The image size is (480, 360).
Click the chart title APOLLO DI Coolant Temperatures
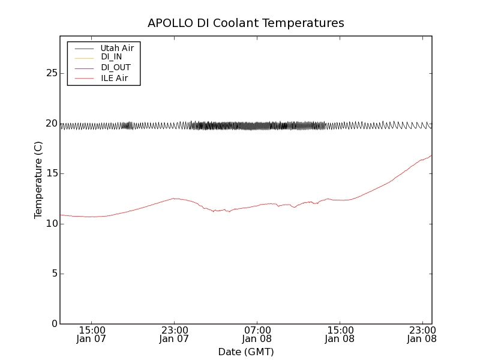click(246, 23)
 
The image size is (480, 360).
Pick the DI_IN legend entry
click(111, 57)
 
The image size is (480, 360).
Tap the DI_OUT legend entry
click(115, 67)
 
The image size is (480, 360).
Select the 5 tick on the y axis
click(53, 274)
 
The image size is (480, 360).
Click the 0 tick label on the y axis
click(53, 324)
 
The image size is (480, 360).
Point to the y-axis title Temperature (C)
click(38, 179)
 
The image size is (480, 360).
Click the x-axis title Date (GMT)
click(246, 352)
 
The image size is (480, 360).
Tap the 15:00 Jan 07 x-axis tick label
click(91, 334)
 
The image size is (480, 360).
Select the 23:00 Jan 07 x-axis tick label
click(174, 334)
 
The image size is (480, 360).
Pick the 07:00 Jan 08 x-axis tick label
click(257, 334)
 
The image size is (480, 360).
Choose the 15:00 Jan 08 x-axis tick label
click(340, 334)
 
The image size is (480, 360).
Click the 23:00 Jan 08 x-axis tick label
click(422, 334)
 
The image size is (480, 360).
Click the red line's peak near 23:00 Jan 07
click(174, 198)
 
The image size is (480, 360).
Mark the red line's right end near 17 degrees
click(431, 155)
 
